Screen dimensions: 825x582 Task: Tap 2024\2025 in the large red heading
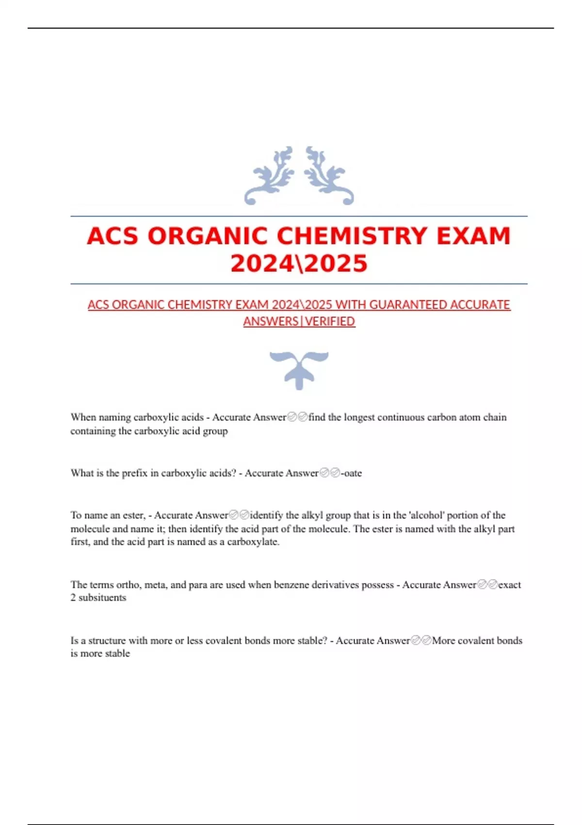pyautogui.click(x=299, y=264)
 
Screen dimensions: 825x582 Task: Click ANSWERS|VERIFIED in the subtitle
pyautogui.click(x=299, y=321)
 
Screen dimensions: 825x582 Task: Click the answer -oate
pyautogui.click(x=351, y=473)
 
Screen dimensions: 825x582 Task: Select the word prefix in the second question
pyautogui.click(x=134, y=473)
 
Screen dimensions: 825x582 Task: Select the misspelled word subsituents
pyautogui.click(x=102, y=598)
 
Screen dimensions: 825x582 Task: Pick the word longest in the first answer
pyautogui.click(x=359, y=417)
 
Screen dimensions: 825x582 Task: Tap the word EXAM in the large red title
pyautogui.click(x=473, y=236)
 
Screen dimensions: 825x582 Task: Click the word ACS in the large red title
pyautogui.click(x=113, y=236)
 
